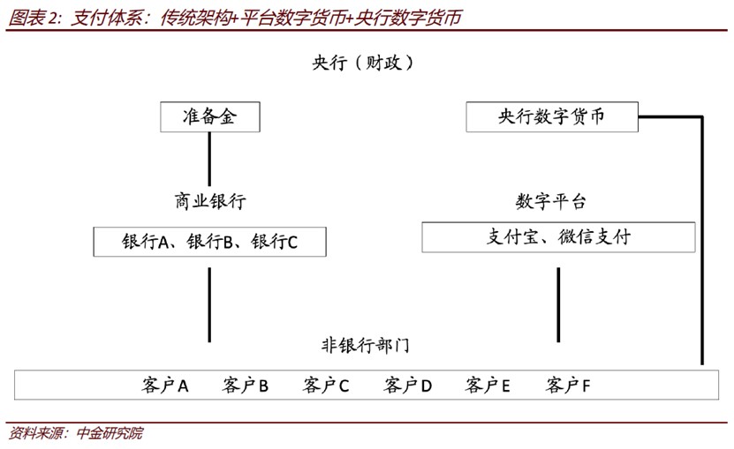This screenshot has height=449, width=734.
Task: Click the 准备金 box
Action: [x=209, y=117]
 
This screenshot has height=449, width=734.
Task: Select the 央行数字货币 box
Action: [x=552, y=116]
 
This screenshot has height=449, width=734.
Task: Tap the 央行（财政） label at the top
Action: [x=363, y=63]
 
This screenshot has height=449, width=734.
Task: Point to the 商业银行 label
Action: [x=210, y=201]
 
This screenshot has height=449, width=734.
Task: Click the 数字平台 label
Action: [x=551, y=202]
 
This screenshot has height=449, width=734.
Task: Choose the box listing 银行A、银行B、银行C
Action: [x=209, y=242]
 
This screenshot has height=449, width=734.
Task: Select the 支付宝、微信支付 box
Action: [x=558, y=237]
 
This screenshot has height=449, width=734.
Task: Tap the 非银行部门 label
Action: [x=365, y=346]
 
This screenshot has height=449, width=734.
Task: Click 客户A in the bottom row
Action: [x=165, y=385]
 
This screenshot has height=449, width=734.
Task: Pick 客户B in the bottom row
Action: [x=246, y=385]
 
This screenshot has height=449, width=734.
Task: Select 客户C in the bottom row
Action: [x=326, y=385]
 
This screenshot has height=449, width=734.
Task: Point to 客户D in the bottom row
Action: [x=407, y=385]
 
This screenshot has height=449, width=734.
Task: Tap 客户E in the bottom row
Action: [x=488, y=385]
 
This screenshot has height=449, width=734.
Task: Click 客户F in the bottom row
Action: [x=568, y=385]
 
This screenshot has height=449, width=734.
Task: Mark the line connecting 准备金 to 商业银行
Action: [x=209, y=159]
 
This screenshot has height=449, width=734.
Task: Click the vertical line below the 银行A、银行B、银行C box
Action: [x=209, y=304]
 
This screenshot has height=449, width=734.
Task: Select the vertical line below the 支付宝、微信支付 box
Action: [x=558, y=304]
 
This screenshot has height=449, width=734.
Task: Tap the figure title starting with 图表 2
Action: [x=235, y=18]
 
